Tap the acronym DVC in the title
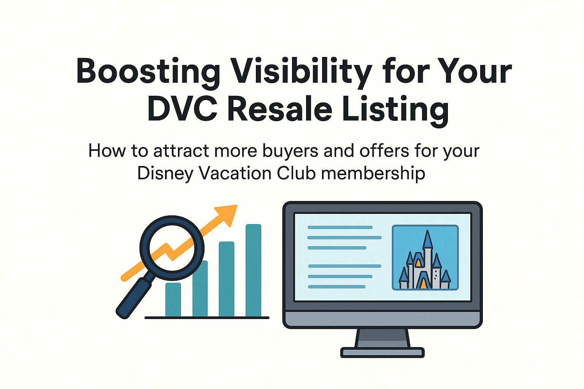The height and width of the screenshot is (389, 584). point(182,109)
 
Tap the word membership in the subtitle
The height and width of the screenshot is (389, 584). point(373,174)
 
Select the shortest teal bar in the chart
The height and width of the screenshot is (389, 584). point(173,300)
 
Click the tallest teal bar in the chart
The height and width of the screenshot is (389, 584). point(253,270)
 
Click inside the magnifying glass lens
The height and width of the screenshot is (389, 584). point(172,247)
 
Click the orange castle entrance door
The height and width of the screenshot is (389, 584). point(422,283)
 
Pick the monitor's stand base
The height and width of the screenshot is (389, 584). point(382,353)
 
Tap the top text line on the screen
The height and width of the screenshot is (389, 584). point(340,228)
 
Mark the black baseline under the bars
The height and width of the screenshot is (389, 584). point(207,318)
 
